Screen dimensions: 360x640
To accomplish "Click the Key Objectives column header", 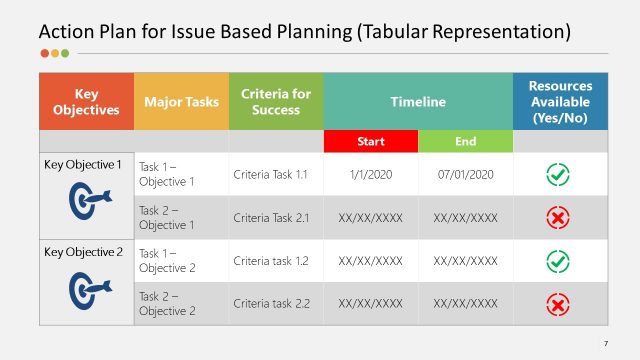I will (86, 102).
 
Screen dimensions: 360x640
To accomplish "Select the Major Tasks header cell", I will (181, 102).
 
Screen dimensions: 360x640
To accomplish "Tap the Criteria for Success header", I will (276, 102).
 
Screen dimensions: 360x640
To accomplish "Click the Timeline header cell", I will (418, 102).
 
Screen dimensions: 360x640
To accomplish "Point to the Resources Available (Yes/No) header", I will (560, 102).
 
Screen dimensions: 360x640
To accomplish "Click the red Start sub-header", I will (370, 142).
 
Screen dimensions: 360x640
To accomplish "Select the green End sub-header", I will (465, 142).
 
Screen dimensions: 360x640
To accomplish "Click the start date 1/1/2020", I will (370, 174).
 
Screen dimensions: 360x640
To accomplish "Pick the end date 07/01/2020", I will (465, 174).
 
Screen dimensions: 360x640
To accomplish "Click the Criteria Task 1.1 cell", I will (276, 174).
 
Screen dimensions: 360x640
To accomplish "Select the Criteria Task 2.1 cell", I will (276, 217).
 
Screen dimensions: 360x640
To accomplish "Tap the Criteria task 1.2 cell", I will (276, 260).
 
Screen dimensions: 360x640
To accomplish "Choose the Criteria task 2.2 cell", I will (276, 303).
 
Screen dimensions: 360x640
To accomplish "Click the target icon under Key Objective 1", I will (86, 202).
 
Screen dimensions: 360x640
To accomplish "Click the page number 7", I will (605, 344).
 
